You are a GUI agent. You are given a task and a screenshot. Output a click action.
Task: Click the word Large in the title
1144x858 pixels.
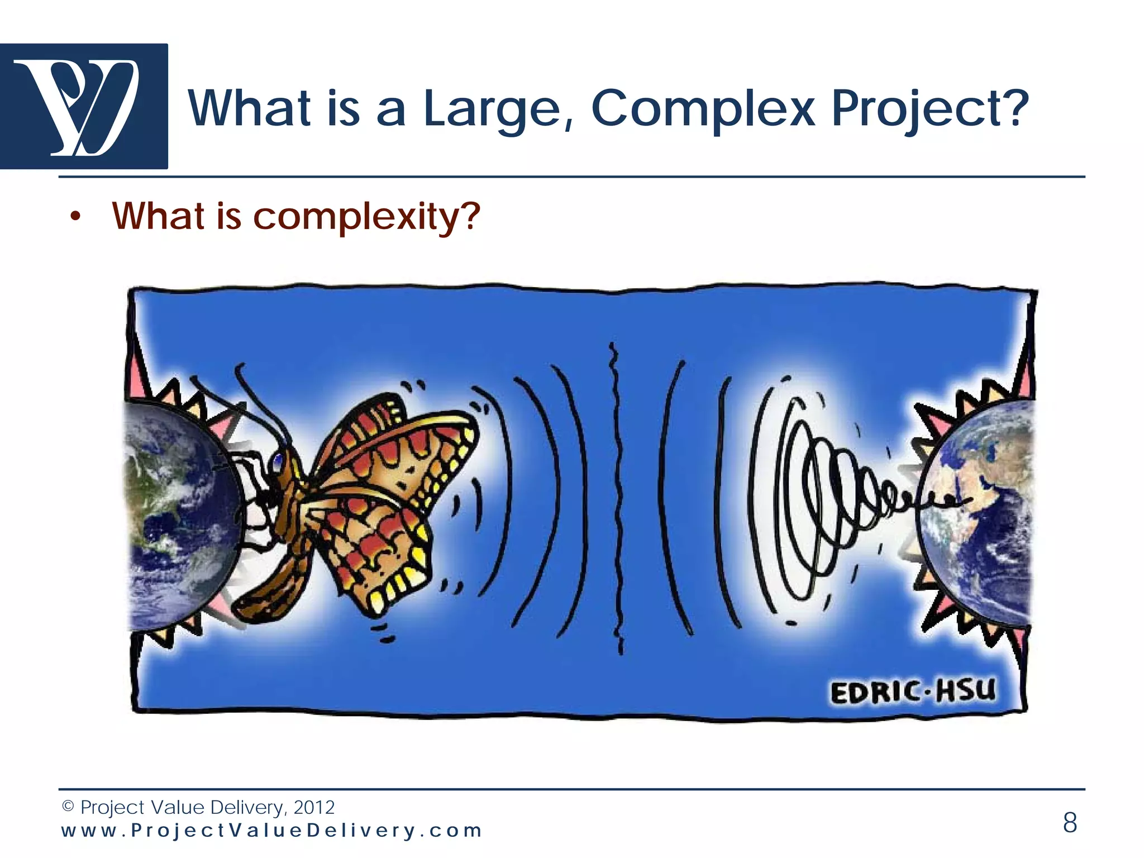pos(492,109)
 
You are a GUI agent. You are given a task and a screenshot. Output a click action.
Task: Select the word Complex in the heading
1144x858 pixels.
pos(703,109)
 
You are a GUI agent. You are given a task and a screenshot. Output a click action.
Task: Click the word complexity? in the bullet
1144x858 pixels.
pos(366,217)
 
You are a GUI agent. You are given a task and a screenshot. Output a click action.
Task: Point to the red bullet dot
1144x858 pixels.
pos(76,218)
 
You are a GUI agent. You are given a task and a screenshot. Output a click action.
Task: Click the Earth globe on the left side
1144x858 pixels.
pos(179,514)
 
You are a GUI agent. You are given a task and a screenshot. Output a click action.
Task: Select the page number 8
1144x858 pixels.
pos(1070,822)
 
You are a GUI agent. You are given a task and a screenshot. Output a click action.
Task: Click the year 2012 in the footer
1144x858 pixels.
pos(314,808)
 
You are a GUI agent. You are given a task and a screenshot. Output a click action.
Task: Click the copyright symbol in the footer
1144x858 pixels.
pos(68,807)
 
